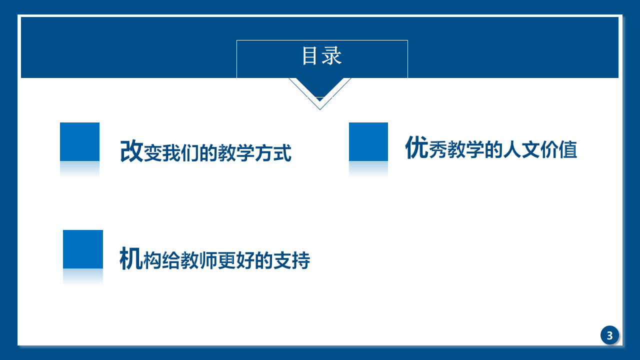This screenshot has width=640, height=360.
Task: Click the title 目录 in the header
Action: (x=322, y=55)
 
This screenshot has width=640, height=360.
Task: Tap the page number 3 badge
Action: (x=609, y=335)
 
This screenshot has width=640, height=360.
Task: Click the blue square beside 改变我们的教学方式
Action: (x=79, y=141)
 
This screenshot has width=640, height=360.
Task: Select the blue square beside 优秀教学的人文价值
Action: (x=368, y=141)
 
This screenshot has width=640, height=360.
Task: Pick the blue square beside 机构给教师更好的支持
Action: (x=83, y=249)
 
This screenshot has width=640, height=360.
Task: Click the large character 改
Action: (x=131, y=151)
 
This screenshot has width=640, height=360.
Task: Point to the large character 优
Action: (x=416, y=147)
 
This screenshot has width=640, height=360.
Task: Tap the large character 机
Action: (x=130, y=258)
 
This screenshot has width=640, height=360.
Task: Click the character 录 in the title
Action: (x=331, y=55)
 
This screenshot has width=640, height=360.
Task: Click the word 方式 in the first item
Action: (x=273, y=153)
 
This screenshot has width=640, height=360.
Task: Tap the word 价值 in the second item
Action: (x=558, y=149)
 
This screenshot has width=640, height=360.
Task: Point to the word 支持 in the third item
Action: (x=291, y=260)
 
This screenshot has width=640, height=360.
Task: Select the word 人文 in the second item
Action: (x=521, y=149)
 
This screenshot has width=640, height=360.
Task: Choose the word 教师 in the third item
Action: (x=199, y=260)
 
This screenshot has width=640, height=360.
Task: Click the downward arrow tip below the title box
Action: (x=320, y=109)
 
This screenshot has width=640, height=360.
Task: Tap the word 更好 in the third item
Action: (x=236, y=260)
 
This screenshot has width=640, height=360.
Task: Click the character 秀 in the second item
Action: (x=437, y=149)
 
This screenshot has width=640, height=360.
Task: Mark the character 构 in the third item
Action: (x=152, y=260)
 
